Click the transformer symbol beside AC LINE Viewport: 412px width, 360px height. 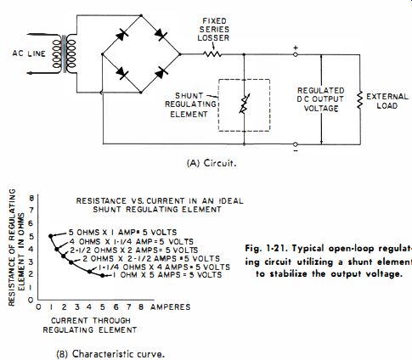point(65,53)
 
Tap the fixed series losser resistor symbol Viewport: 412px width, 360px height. point(212,53)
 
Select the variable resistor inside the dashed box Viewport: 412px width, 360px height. point(244,104)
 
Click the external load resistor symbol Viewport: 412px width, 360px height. point(360,99)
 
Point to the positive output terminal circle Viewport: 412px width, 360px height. point(295,54)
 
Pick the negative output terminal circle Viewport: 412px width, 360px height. point(295,144)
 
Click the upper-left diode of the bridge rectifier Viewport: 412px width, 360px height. point(122,36)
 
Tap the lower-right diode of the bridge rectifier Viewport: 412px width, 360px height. point(161,73)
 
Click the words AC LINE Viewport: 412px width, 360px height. point(29,53)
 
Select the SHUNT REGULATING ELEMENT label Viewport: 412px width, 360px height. point(190,105)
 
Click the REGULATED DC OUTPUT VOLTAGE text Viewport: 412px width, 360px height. point(321,99)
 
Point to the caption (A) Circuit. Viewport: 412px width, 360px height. point(212,163)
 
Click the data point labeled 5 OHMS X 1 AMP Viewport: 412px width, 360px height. point(51,236)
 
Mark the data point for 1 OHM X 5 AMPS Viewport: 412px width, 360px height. point(103,275)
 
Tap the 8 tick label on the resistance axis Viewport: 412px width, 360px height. point(31,198)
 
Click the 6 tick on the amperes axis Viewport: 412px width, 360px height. point(116,307)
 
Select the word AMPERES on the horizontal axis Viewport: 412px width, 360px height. point(171,307)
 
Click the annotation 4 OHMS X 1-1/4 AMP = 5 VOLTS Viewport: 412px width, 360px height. point(132,242)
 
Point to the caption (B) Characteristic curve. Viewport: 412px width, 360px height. point(110,354)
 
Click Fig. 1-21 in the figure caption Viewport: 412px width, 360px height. point(266,249)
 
